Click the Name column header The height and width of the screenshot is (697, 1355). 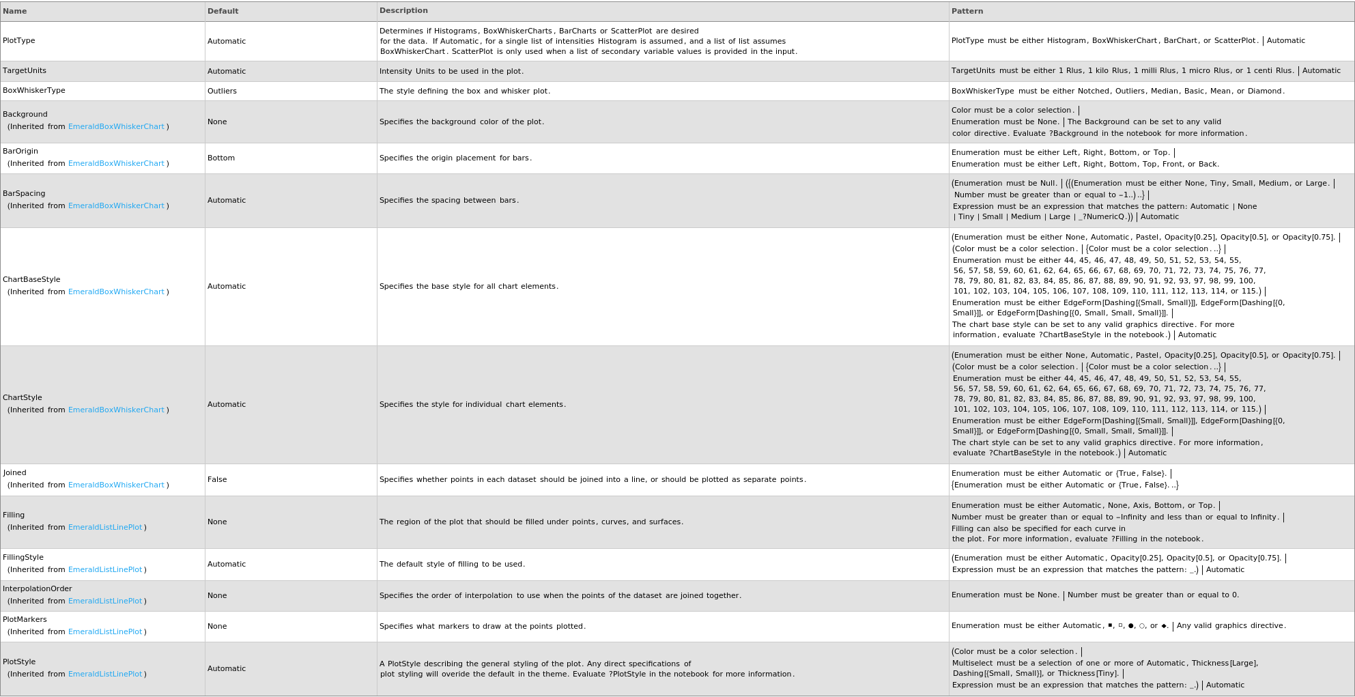click(15, 11)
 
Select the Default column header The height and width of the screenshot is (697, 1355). click(223, 11)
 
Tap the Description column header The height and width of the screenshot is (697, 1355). click(403, 11)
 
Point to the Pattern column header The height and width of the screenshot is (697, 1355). click(967, 11)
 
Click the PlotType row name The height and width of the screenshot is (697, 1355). click(19, 41)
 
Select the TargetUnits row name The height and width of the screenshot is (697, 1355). click(25, 71)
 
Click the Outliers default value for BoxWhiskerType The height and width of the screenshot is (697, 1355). click(222, 91)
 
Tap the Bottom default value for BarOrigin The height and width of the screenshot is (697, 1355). click(221, 158)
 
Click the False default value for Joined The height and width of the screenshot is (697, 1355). click(217, 479)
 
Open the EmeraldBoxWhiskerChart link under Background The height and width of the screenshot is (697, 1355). click(116, 127)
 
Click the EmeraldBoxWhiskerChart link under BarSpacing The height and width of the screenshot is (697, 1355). click(116, 206)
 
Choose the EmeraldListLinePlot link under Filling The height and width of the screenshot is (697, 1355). click(105, 528)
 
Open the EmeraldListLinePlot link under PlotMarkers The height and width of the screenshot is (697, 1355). click(105, 632)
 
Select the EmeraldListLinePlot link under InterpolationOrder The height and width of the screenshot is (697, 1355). click(105, 601)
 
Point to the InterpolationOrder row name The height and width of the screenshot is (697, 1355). click(38, 589)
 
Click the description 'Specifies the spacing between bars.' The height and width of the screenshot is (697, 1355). click(449, 201)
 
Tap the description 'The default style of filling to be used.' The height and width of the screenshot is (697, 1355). click(452, 565)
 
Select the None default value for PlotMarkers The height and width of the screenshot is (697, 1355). click(217, 626)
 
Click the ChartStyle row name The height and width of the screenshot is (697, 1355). click(23, 398)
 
